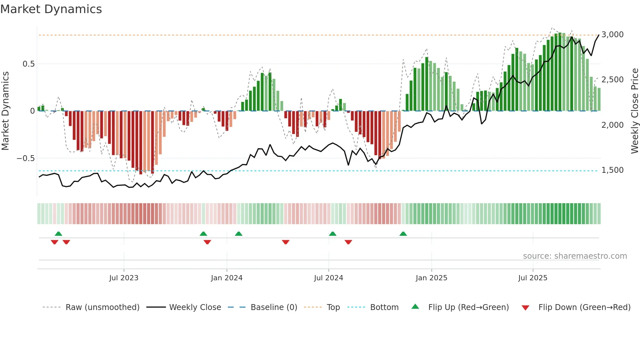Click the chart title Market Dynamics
pos(51,9)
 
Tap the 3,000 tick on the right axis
pos(612,35)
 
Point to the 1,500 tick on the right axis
pos(612,170)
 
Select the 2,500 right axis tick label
pos(612,80)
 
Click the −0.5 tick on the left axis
pos(25,158)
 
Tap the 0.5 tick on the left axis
pos(28,64)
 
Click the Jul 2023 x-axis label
pos(124,278)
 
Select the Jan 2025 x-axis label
pos(431,278)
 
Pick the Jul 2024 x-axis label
pos(328,278)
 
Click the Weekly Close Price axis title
pos(634,111)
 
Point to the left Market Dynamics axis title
pos(5,111)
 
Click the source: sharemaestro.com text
pos(575,256)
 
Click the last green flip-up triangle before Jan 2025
pos(403,234)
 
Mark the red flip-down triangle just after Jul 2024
pos(348,242)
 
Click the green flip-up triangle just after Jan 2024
pos(238,234)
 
